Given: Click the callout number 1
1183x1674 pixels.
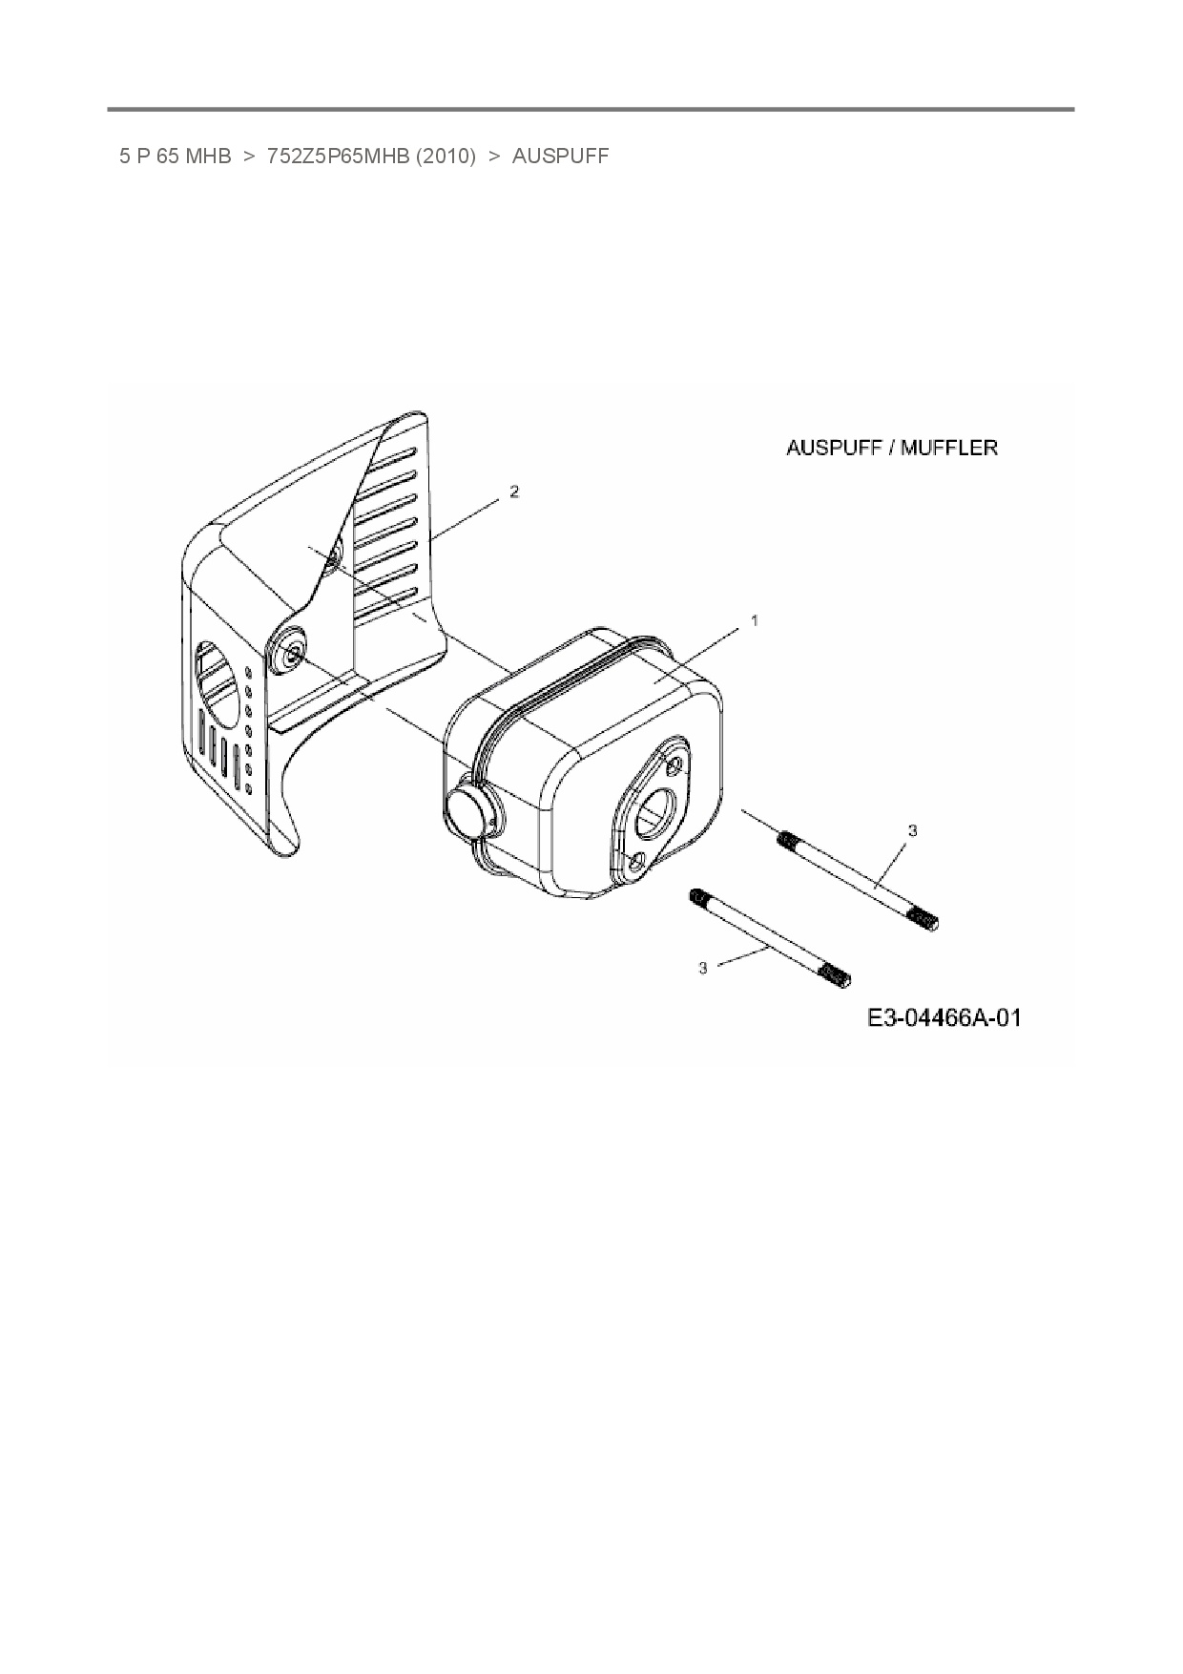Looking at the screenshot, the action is (755, 620).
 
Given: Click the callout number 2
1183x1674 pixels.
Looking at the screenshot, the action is (514, 492).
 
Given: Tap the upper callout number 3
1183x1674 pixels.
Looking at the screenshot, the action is (912, 831).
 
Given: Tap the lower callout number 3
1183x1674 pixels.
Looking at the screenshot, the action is (703, 968).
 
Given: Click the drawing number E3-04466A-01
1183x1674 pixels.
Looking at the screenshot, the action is (944, 1018).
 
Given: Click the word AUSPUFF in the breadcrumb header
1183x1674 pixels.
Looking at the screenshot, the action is (560, 157).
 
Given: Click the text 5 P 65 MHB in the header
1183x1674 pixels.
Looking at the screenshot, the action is (176, 157).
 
